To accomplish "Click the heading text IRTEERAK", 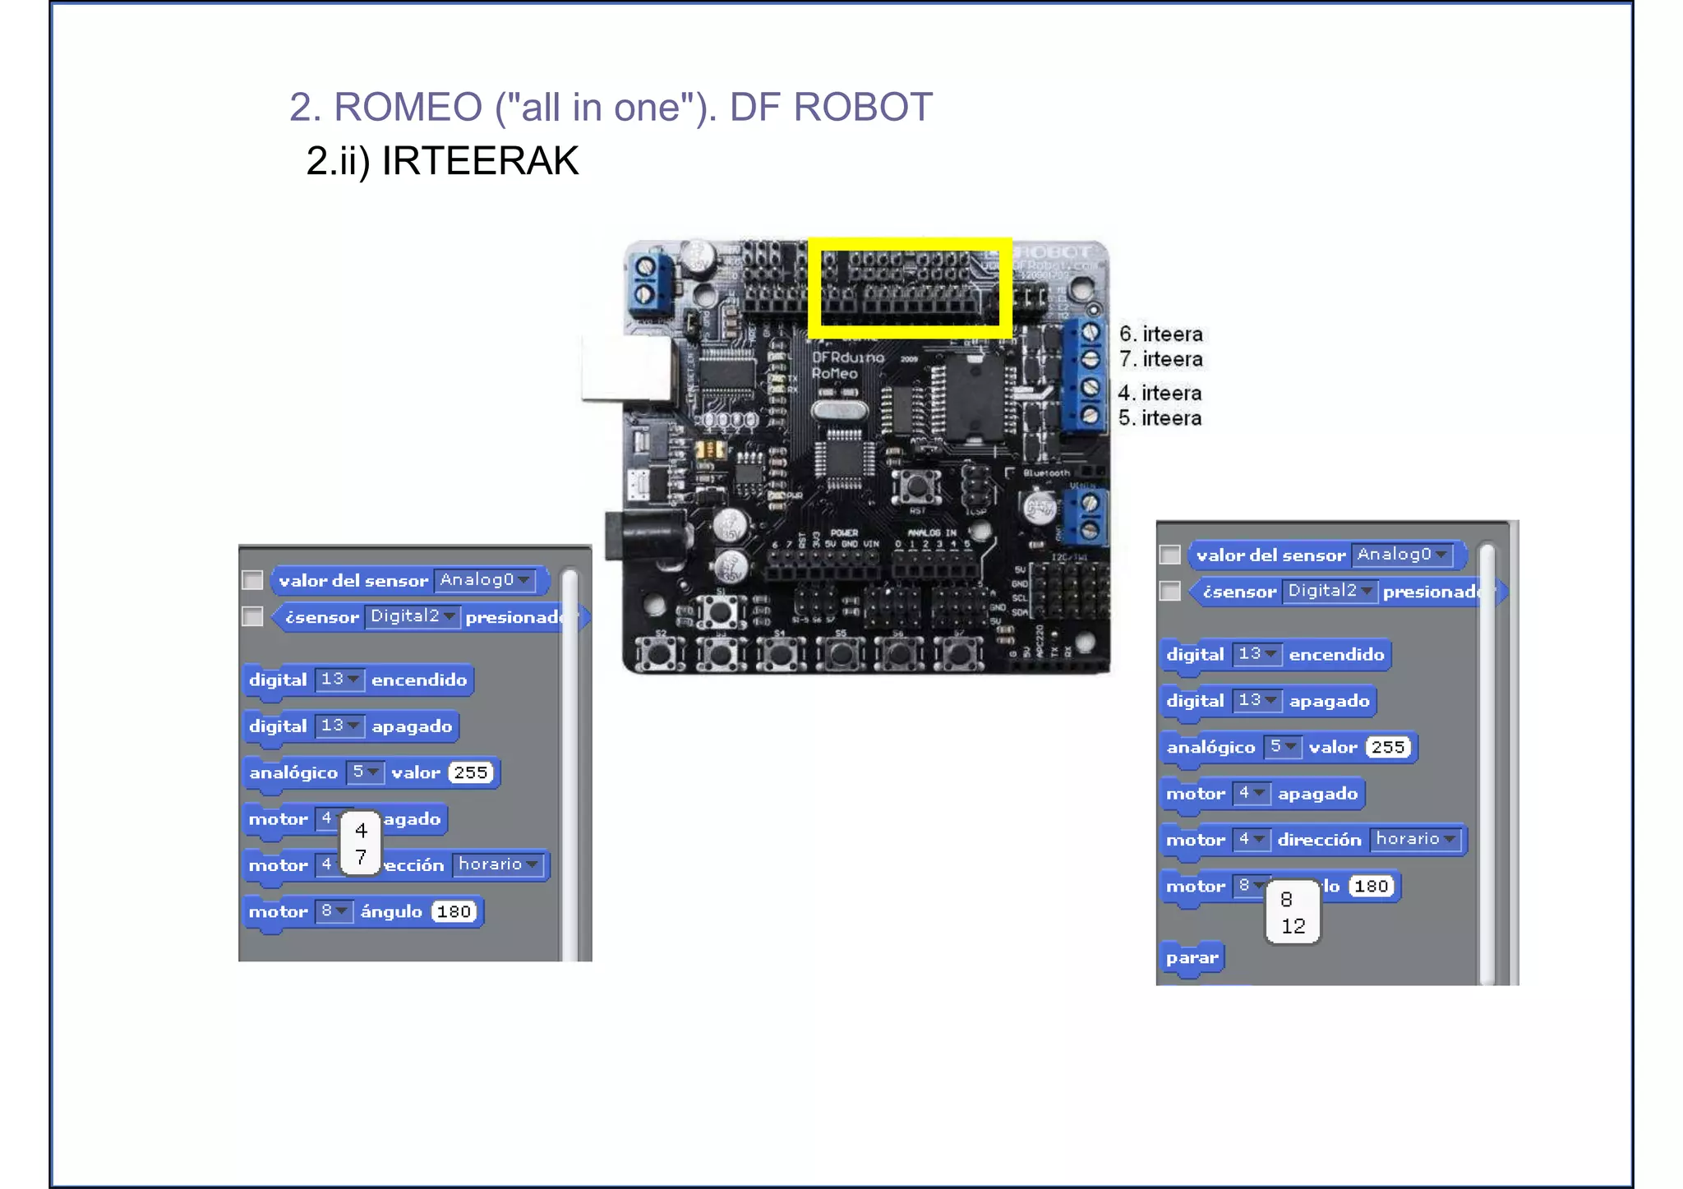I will coord(480,161).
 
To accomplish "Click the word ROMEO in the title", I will coord(408,108).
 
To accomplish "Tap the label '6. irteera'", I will coord(1160,334).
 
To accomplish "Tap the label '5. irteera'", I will coord(1160,418).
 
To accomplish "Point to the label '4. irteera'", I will coord(1160,394).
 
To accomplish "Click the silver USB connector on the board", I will coord(624,369).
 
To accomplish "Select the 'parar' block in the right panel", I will coord(1192,958).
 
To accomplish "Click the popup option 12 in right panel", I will coord(1293,926).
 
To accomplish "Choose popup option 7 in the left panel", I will coord(361,857).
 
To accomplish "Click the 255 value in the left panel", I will coord(471,772).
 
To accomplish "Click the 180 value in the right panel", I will coord(1371,886).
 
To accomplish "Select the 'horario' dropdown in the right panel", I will coord(1415,839).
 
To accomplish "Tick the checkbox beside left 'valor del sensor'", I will coord(252,581).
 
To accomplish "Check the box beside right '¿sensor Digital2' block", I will coord(1169,592).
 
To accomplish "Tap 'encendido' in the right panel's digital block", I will coord(1336,655).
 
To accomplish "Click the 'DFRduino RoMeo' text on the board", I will coord(846,366).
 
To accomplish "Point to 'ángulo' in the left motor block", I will coord(391,911).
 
